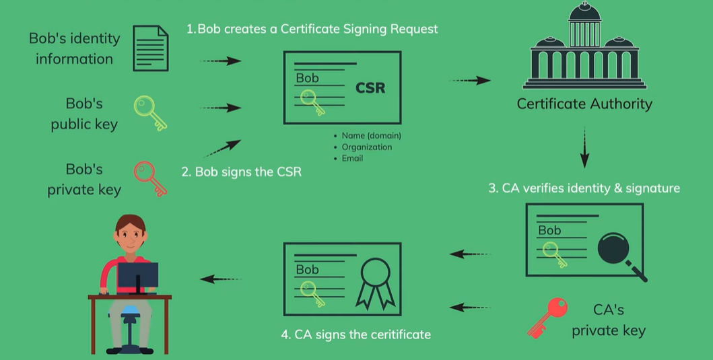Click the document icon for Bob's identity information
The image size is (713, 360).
[149, 48]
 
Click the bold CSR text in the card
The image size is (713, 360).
[370, 88]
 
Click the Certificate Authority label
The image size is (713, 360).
[584, 104]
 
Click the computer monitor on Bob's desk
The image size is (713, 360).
[138, 277]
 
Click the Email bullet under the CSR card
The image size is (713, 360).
[352, 158]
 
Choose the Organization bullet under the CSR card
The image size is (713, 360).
[366, 147]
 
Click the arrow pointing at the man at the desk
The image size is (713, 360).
[220, 279]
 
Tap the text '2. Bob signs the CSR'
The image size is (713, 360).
[241, 172]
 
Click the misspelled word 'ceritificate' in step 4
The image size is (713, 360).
[398, 334]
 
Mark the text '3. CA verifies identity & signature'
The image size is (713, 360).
[584, 188]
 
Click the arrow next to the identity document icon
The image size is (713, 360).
[220, 61]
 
